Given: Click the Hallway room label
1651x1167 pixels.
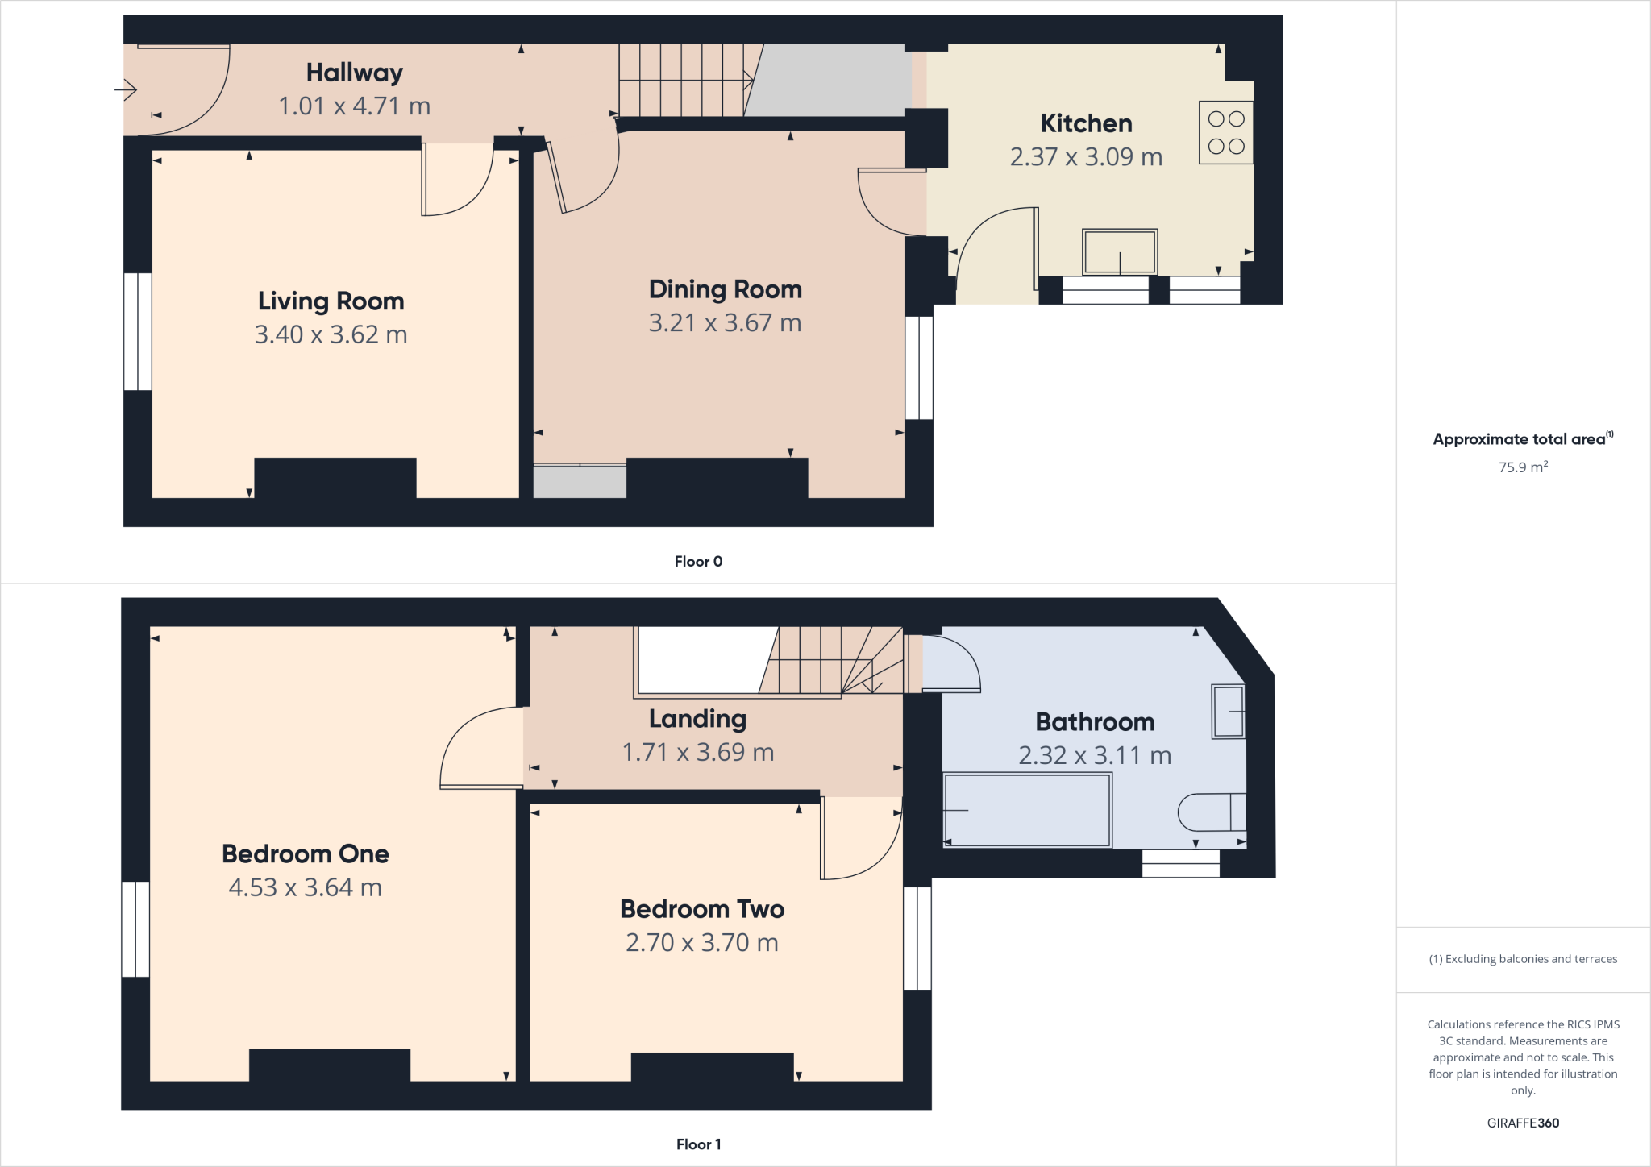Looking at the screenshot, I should tap(354, 73).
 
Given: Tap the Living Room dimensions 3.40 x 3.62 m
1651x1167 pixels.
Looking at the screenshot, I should tap(331, 334).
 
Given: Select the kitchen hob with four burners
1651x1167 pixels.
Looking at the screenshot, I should tap(1225, 132).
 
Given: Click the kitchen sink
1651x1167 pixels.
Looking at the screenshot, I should tap(1120, 251).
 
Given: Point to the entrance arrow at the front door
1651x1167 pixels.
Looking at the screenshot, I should tap(126, 89).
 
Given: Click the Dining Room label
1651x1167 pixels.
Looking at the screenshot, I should tap(725, 289).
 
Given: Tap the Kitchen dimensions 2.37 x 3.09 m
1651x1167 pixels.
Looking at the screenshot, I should tap(1086, 156).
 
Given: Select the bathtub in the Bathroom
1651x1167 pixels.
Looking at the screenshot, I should tap(1027, 809).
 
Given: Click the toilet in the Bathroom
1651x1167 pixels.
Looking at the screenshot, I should tap(1212, 812).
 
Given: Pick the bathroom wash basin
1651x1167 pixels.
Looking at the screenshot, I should tap(1228, 712).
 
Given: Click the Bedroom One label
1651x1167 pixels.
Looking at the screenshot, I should tap(305, 853).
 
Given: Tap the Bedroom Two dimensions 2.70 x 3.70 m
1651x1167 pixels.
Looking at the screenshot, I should tap(701, 942).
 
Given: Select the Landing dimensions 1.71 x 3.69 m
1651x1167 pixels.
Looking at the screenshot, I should tap(697, 752).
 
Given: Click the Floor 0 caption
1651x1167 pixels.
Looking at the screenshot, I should tap(698, 562).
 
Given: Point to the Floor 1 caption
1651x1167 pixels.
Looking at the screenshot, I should tap(698, 1144).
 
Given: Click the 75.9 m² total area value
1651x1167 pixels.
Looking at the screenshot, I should tap(1522, 467).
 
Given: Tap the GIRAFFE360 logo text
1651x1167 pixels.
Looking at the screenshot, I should tap(1522, 1123).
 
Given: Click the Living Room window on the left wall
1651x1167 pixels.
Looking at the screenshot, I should tap(137, 331).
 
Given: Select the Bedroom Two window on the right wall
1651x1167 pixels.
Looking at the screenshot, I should tap(917, 938).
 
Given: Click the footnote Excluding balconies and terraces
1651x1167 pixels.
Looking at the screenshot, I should tap(1522, 959).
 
